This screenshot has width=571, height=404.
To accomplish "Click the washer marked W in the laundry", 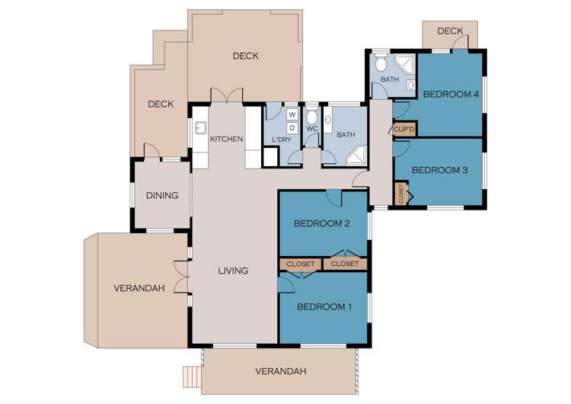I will (x=292, y=115).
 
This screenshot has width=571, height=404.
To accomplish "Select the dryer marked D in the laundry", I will (x=292, y=127).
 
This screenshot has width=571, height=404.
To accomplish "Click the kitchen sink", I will (x=201, y=129).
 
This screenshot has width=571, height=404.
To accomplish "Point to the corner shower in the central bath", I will (x=356, y=157).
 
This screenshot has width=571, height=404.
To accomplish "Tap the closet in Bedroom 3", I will (x=400, y=194).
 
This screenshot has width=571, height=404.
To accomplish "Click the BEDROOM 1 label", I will (x=324, y=307).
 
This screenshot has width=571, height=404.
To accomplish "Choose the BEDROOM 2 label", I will (x=321, y=223).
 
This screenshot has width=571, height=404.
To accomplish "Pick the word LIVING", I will (x=233, y=271).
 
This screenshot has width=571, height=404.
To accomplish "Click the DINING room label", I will (x=162, y=196).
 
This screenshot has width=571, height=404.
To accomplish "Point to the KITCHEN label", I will (x=227, y=139).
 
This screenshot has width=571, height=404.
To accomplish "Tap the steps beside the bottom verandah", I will (x=190, y=376).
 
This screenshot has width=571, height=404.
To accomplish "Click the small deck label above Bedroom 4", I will (x=451, y=31).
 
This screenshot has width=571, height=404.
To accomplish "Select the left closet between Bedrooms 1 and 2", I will (x=301, y=264).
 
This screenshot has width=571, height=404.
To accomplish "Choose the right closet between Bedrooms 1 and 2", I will (x=345, y=264).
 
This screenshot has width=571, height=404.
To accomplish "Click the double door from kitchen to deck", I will (x=227, y=97).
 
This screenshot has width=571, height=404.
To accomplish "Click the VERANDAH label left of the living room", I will (x=136, y=288).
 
